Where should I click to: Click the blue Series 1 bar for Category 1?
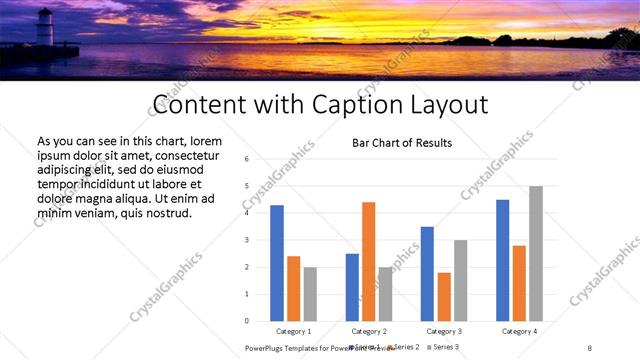click(277, 263)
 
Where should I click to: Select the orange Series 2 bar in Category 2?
click(368, 261)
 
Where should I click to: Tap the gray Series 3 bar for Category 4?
click(536, 253)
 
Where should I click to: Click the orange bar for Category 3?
click(444, 296)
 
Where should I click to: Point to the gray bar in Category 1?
click(310, 294)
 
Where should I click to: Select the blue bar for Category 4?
click(502, 260)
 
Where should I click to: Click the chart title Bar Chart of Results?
click(402, 143)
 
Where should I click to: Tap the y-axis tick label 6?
click(246, 159)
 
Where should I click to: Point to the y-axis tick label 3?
click(246, 240)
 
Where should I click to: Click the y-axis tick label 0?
click(246, 321)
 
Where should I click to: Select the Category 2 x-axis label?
click(368, 331)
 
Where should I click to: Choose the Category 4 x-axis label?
click(519, 331)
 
